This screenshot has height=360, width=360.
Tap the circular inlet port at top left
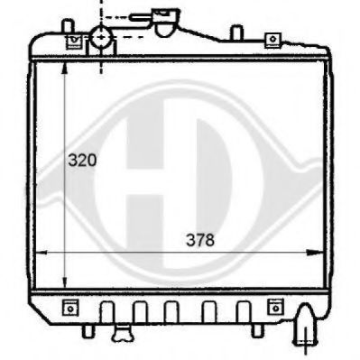[101, 39]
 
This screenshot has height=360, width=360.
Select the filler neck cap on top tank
[164, 20]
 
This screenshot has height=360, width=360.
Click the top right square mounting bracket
[270, 39]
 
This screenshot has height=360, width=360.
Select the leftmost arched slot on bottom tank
[107, 312]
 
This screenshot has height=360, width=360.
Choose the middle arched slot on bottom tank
[171, 312]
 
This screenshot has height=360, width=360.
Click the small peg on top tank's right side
[235, 33]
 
